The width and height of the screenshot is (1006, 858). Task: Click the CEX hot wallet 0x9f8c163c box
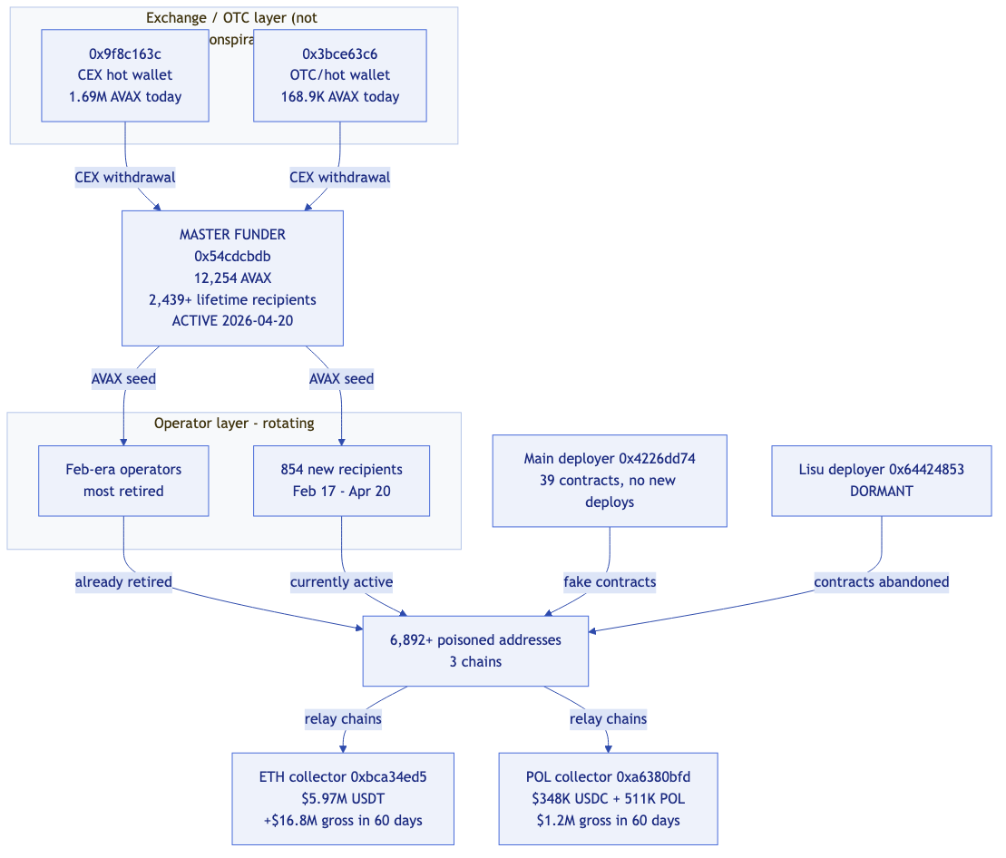point(125,75)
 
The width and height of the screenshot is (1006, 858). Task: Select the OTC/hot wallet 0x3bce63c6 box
point(340,75)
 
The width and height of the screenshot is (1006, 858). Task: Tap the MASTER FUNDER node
point(232,278)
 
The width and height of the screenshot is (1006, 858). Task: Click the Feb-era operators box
point(123,481)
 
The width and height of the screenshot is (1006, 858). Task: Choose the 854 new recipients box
point(341,481)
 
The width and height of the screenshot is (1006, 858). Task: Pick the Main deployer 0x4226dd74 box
point(610,480)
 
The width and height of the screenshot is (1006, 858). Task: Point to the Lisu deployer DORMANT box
point(881,481)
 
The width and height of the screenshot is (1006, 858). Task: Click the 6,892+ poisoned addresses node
point(475,650)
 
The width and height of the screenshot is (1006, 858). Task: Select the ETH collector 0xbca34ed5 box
point(343,798)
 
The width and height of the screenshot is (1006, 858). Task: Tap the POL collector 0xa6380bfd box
point(608,798)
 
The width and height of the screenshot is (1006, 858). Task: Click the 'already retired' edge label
point(123,582)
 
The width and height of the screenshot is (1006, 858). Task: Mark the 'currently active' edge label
point(341,582)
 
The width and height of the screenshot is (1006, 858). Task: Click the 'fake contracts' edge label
point(610,582)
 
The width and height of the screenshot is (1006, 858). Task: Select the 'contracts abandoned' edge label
point(881,582)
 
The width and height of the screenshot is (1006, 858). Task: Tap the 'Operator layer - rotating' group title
point(234,424)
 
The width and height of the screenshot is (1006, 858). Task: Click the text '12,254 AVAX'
point(232,278)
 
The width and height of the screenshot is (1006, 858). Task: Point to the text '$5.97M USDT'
point(343,798)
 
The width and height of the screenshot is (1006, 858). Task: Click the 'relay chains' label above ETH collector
point(343,719)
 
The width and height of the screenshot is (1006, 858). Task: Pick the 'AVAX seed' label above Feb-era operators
point(123,379)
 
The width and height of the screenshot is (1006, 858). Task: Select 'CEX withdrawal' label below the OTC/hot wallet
point(340,178)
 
